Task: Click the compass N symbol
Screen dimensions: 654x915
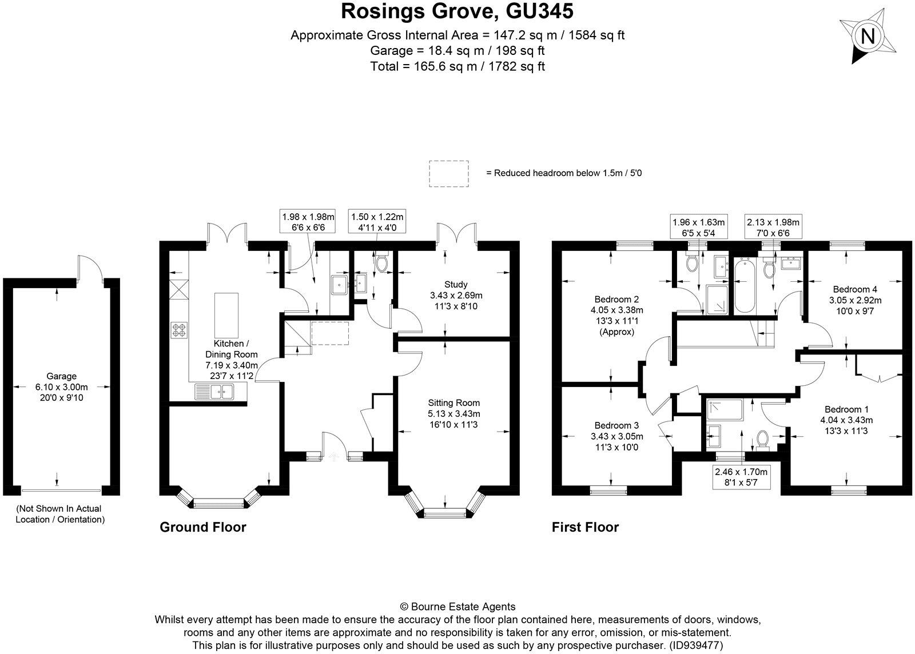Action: pyautogui.click(x=868, y=37)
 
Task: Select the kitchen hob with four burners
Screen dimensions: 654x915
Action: pyautogui.click(x=178, y=330)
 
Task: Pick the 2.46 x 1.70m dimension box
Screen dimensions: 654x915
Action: pyautogui.click(x=741, y=477)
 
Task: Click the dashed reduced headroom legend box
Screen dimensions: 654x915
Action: pyautogui.click(x=449, y=173)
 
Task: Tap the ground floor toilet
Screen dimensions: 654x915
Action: pyautogui.click(x=381, y=263)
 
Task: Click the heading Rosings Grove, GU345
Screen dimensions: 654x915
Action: pyautogui.click(x=457, y=11)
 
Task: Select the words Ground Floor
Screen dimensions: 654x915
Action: pyautogui.click(x=202, y=527)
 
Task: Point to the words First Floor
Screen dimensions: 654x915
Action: pyautogui.click(x=585, y=527)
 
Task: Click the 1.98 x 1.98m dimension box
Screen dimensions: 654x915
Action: pyautogui.click(x=308, y=222)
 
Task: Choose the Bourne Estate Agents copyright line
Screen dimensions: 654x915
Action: pyautogui.click(x=457, y=607)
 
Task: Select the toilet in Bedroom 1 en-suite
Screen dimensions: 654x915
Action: pyautogui.click(x=762, y=438)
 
